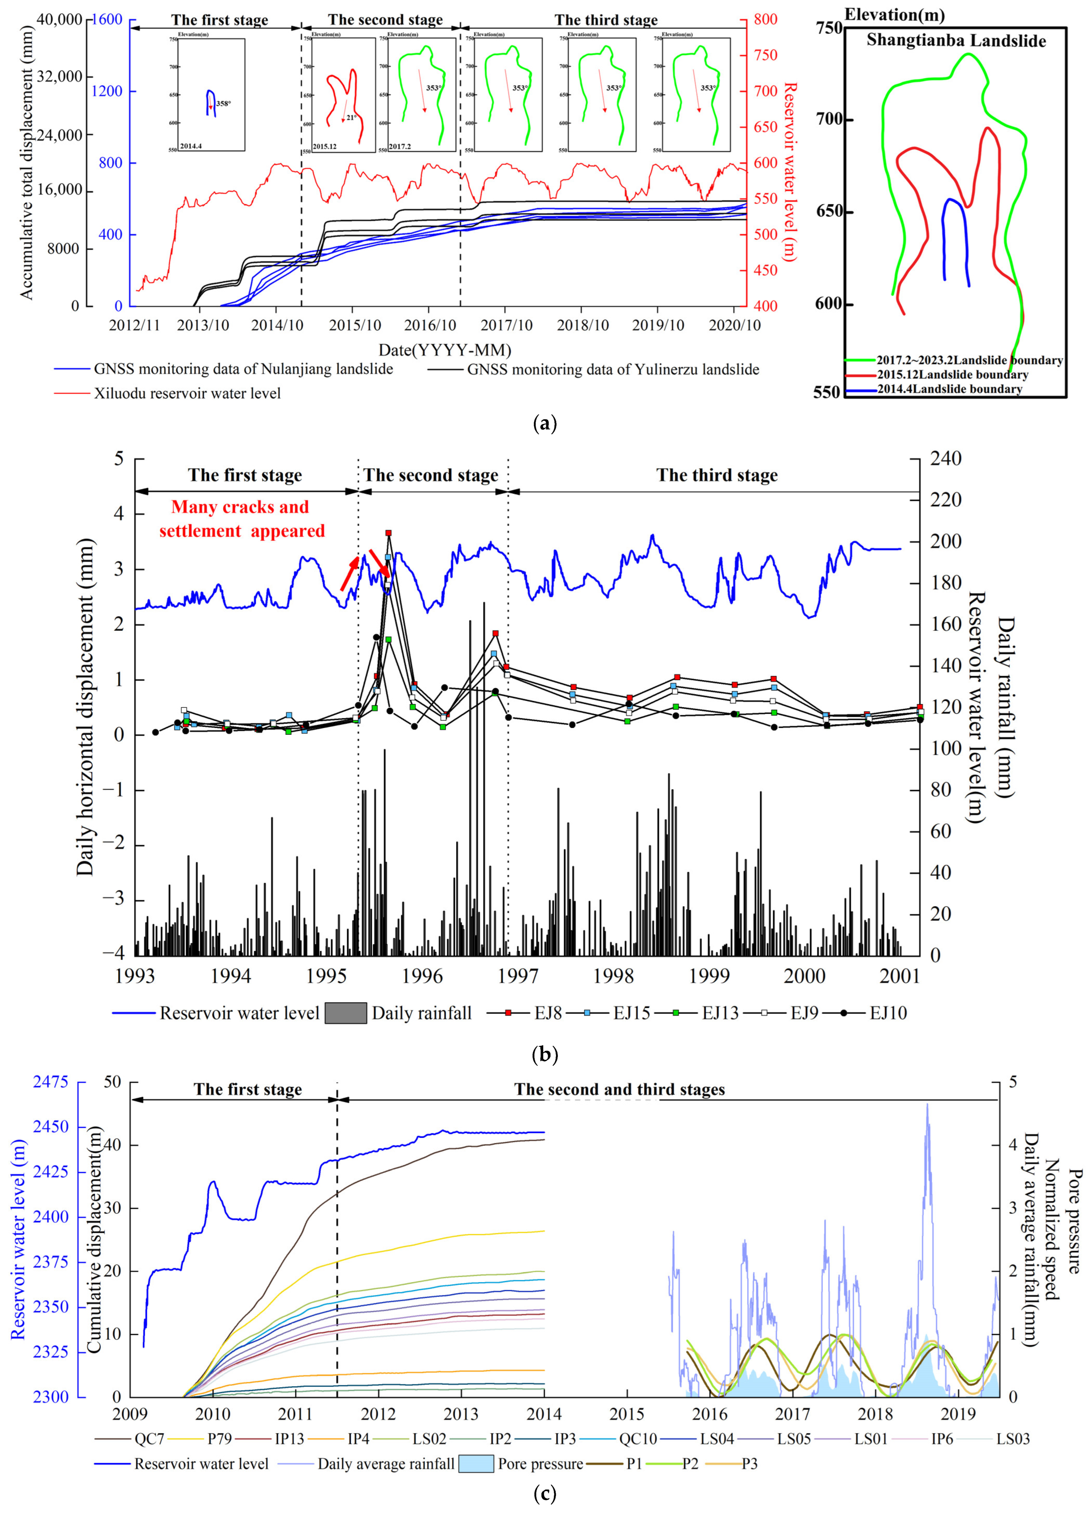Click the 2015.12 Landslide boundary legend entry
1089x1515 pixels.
click(952, 375)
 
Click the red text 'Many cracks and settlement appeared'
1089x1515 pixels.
click(241, 519)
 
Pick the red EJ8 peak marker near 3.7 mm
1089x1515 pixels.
click(388, 533)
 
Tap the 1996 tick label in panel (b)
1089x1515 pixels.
click(422, 976)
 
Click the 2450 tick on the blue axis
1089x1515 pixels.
click(51, 1126)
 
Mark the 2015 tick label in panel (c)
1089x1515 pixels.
click(627, 1414)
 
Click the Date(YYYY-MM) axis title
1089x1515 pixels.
click(444, 349)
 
